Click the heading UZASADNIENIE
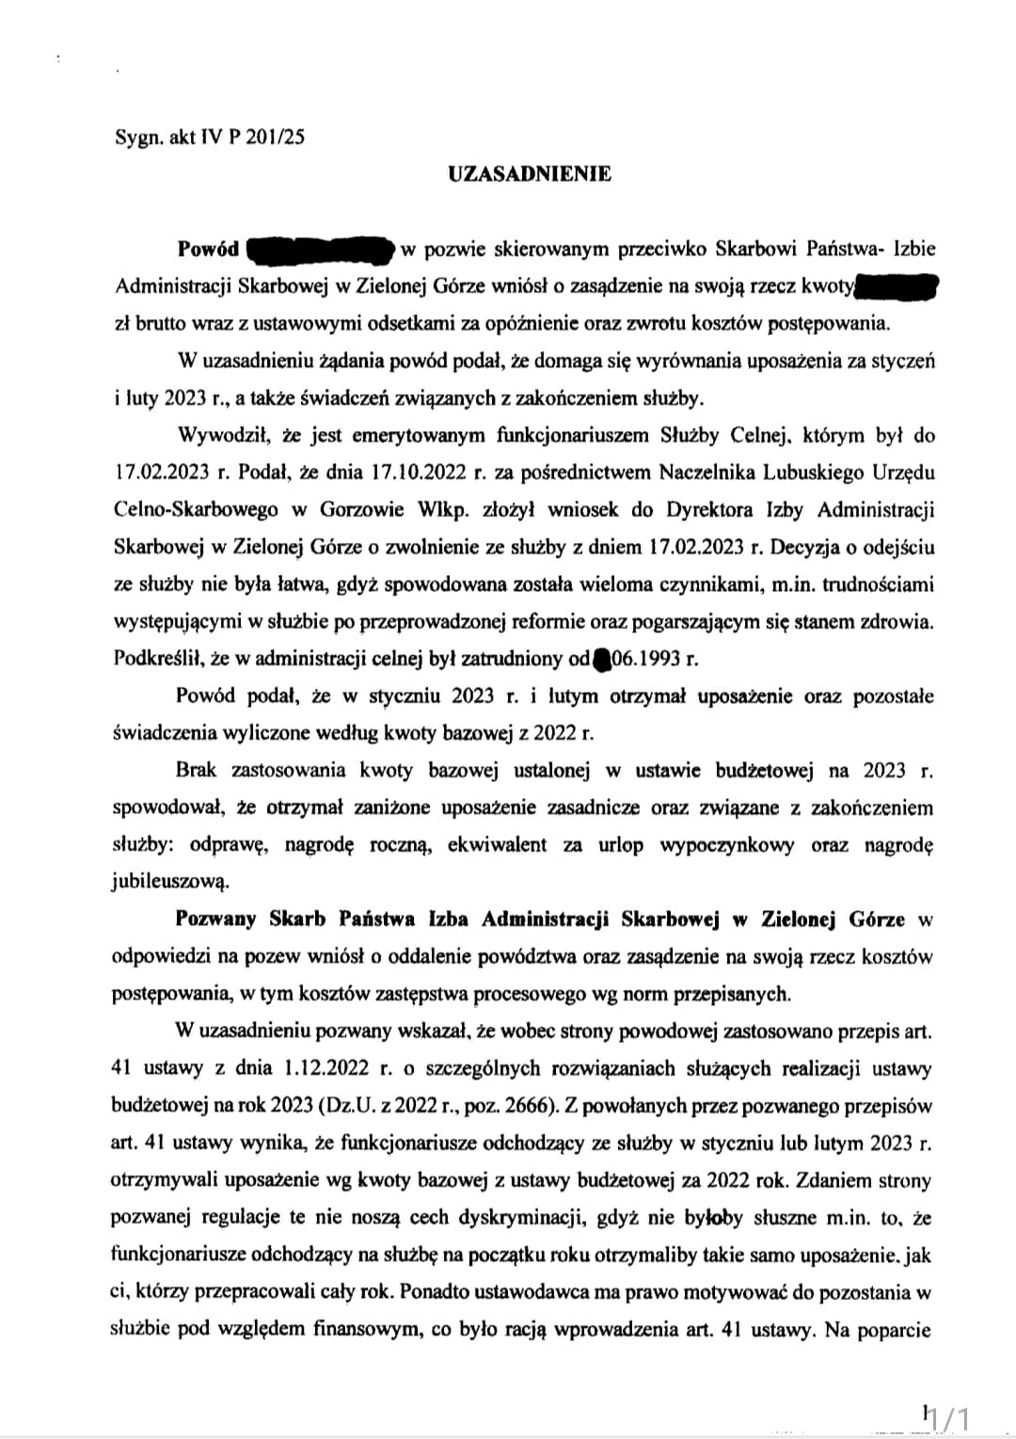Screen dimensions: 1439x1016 [x=529, y=174]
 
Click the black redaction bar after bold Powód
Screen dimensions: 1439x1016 [x=318, y=250]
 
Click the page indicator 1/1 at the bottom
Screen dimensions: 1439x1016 [x=950, y=1415]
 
